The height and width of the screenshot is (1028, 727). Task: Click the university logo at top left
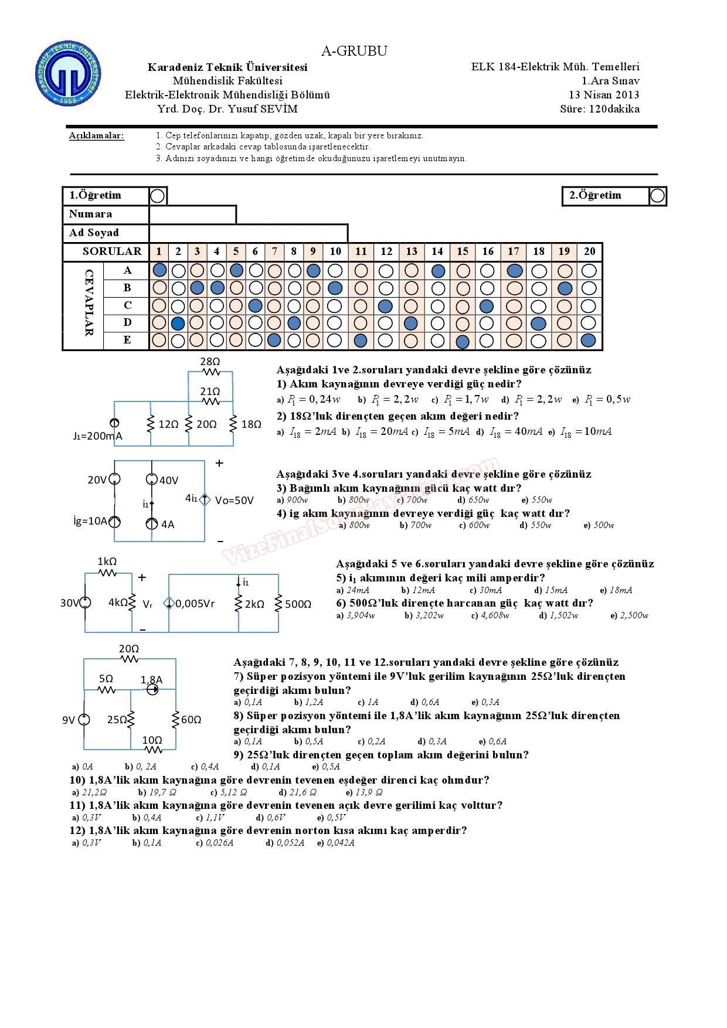point(68,74)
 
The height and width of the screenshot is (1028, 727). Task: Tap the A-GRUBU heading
point(354,51)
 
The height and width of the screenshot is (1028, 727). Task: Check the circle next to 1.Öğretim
point(157,196)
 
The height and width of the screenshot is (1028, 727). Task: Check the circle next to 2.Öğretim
point(657,196)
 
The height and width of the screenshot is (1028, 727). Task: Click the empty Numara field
point(192,215)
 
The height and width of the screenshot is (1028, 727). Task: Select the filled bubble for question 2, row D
point(178,323)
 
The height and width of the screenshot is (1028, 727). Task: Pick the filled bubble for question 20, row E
point(589,341)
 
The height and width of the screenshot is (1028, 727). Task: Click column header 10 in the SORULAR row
point(335,251)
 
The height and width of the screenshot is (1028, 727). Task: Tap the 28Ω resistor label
point(210,362)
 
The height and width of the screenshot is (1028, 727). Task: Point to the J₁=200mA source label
point(98,436)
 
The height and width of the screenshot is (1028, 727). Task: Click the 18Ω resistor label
point(251,424)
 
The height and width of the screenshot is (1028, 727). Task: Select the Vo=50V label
point(235,501)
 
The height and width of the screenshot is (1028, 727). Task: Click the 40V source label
point(168,481)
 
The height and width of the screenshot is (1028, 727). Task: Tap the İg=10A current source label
point(90,521)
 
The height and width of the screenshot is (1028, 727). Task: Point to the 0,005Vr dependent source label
point(195,604)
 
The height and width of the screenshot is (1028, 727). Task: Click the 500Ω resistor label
point(298,604)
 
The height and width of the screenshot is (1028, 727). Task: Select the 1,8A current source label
point(151,680)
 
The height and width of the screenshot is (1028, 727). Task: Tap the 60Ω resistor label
point(191,719)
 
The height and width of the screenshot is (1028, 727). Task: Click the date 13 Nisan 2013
point(604,95)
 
